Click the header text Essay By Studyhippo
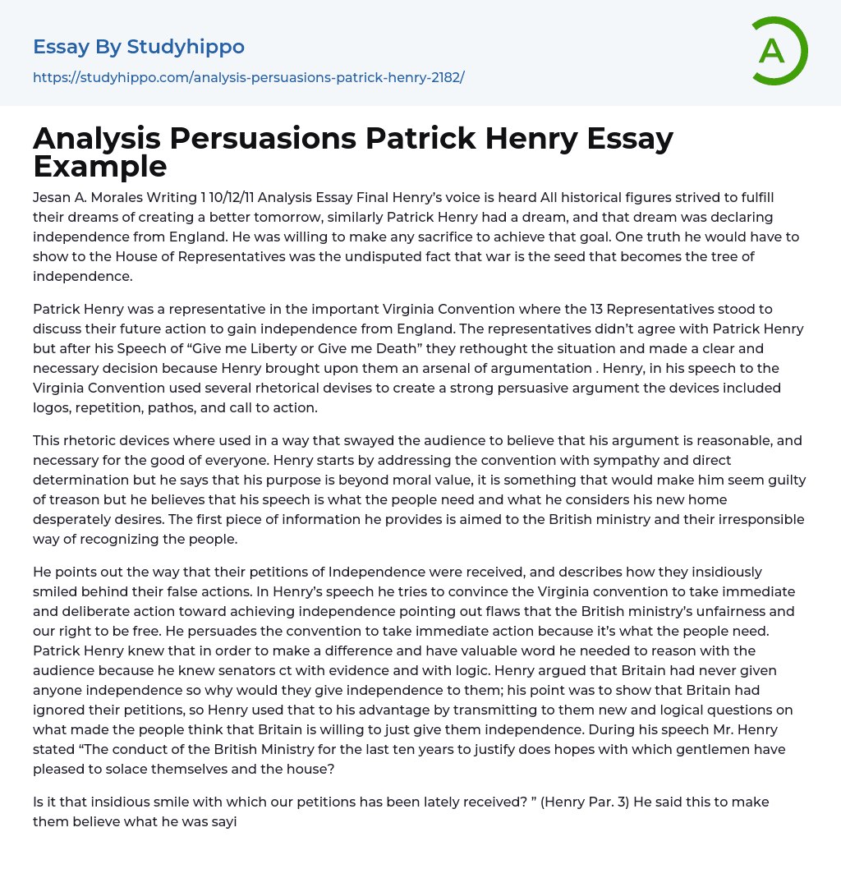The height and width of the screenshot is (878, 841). coord(139,47)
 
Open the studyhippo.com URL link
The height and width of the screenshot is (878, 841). coord(248,77)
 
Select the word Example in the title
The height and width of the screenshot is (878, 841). coord(100,166)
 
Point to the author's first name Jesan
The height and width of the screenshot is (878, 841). coord(53,197)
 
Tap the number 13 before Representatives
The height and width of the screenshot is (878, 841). coord(599,309)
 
